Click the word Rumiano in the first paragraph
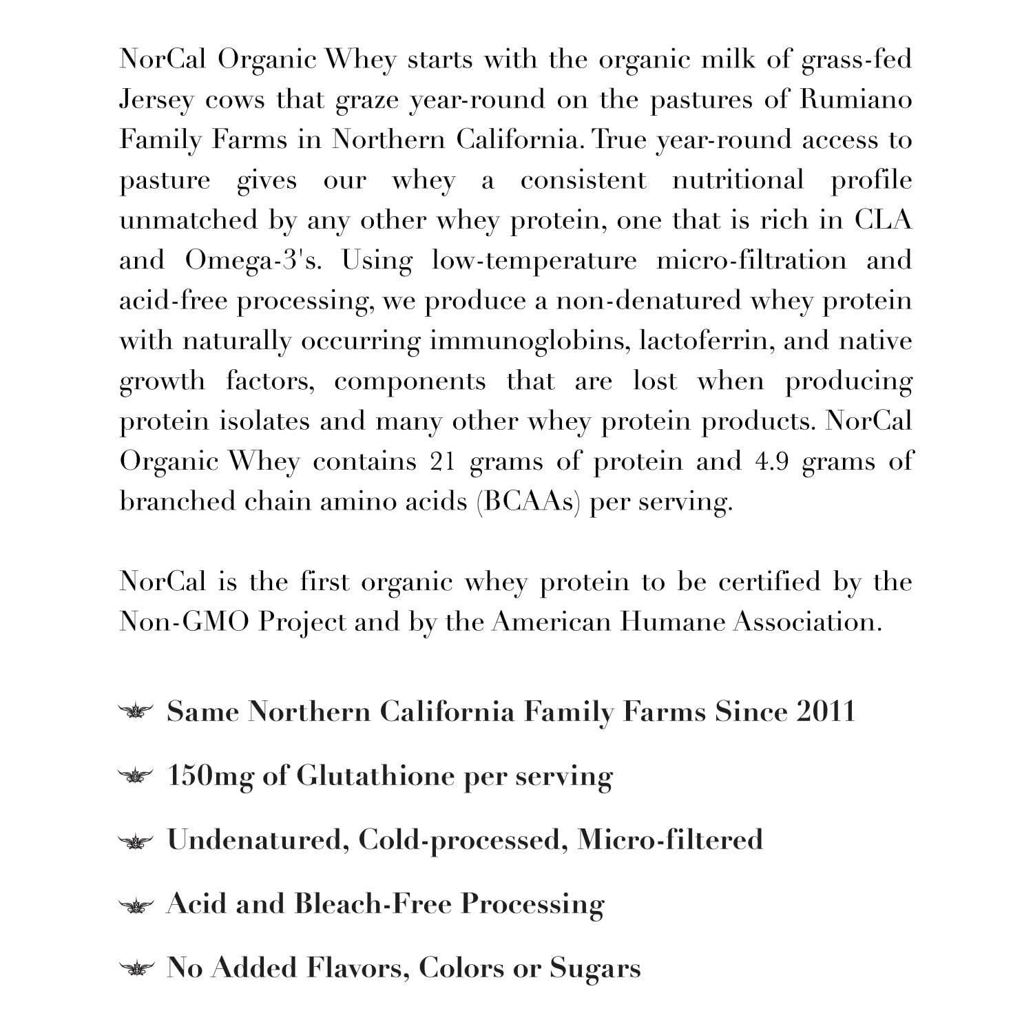(x=855, y=100)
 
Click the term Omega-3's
(x=253, y=261)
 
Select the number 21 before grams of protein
(x=443, y=461)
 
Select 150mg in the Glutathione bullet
(x=209, y=776)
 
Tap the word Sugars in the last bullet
(x=595, y=968)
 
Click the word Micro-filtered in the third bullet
(x=669, y=840)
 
